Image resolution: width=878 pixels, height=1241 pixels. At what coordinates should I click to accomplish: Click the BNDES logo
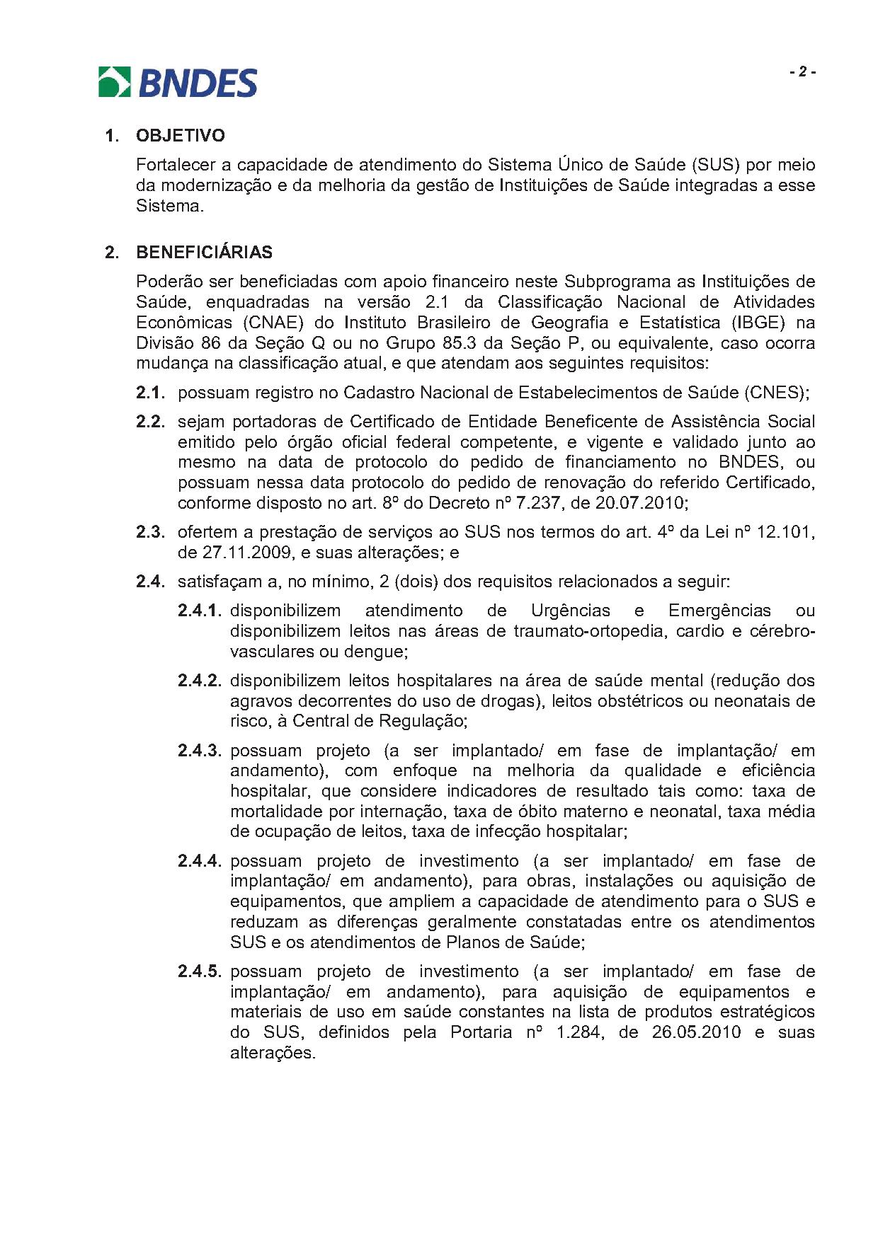click(x=177, y=82)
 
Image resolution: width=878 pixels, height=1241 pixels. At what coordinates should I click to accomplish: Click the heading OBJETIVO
click(x=181, y=135)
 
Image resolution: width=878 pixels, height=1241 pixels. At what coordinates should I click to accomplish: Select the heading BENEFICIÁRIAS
click(x=204, y=252)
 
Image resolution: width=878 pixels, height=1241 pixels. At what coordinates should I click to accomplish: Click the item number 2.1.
click(x=150, y=392)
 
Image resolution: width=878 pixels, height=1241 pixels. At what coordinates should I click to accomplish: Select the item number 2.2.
click(x=150, y=422)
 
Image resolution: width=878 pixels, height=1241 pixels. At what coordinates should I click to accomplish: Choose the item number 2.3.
click(x=150, y=532)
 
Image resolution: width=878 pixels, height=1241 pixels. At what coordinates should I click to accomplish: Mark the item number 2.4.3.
click(x=200, y=751)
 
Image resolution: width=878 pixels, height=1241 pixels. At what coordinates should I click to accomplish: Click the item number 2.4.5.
click(x=200, y=971)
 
